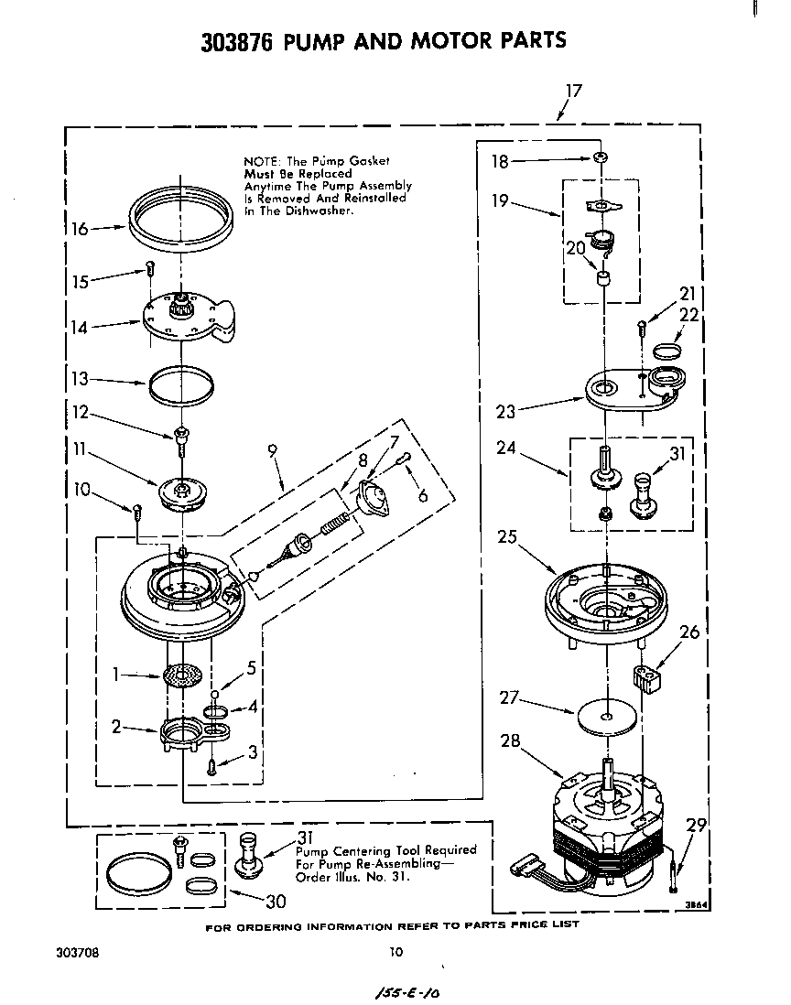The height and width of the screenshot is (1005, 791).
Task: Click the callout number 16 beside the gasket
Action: (80, 229)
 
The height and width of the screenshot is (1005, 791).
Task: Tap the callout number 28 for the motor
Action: (509, 740)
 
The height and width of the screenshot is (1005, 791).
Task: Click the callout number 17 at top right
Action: (573, 91)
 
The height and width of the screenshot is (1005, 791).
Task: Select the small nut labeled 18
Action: (600, 158)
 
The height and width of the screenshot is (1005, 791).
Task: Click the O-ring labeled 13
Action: (182, 382)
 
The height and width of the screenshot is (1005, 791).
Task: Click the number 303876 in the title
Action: (236, 40)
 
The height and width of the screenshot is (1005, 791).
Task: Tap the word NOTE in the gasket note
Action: (261, 160)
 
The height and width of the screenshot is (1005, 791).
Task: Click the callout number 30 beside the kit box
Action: (275, 901)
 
